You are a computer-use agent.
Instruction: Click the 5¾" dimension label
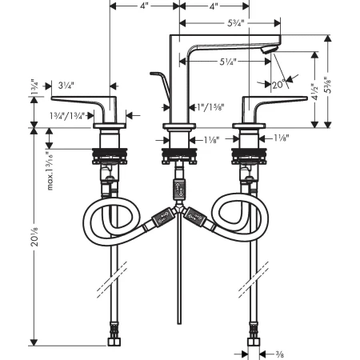tap(236, 23)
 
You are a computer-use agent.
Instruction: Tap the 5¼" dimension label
tap(228, 62)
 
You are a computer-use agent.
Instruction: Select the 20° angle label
tap(279, 85)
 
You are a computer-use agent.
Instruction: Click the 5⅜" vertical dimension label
tap(328, 85)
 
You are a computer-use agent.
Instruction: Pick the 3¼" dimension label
tap(66, 86)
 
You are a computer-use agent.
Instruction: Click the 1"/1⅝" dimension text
tap(210, 107)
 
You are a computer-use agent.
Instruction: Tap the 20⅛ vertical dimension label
tap(34, 236)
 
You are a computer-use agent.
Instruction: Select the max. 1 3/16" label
tap(50, 170)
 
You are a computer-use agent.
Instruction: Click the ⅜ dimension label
tap(280, 354)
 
